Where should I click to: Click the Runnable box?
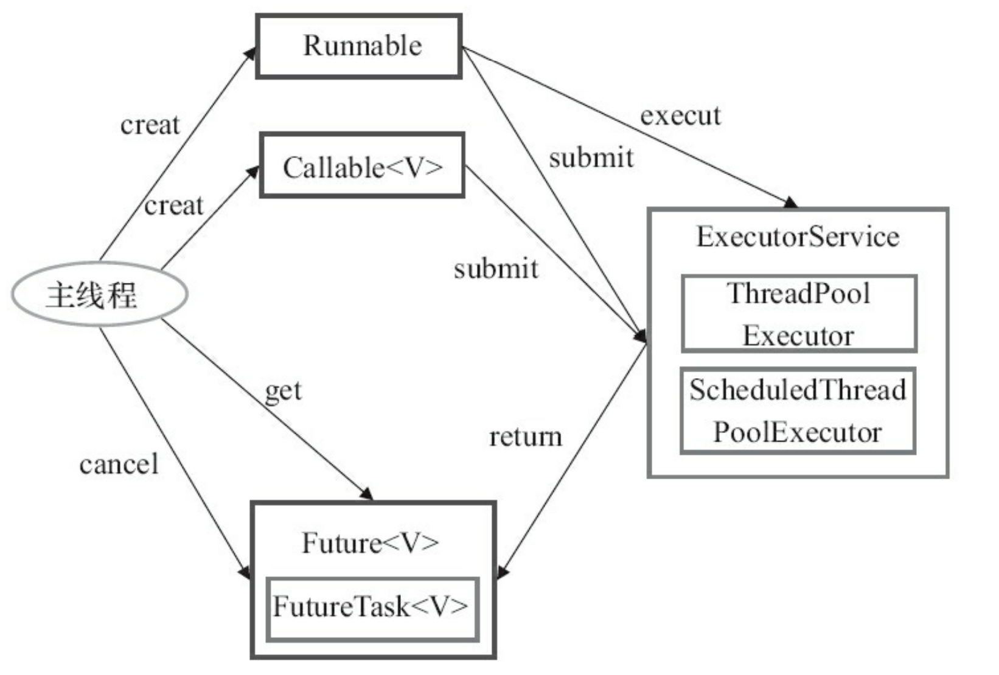click(x=359, y=46)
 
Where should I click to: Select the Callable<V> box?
click(x=362, y=166)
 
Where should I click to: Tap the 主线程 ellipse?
click(x=99, y=294)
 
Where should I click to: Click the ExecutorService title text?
click(x=798, y=237)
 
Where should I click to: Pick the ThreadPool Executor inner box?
click(x=799, y=314)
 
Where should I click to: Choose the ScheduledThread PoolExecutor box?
click(x=798, y=410)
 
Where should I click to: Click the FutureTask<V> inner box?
click(x=372, y=607)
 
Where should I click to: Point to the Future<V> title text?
click(x=371, y=543)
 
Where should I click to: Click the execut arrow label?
click(x=680, y=116)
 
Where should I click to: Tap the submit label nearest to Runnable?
click(x=591, y=158)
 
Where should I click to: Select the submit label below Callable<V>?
click(x=496, y=269)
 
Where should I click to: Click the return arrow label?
click(x=525, y=437)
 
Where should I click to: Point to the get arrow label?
click(x=284, y=391)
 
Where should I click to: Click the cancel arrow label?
click(x=119, y=465)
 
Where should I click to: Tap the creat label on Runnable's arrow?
click(x=150, y=125)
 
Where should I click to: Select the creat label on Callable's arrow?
click(x=174, y=206)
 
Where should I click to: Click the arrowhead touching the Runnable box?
click(x=250, y=53)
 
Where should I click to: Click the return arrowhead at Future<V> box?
click(x=503, y=572)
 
